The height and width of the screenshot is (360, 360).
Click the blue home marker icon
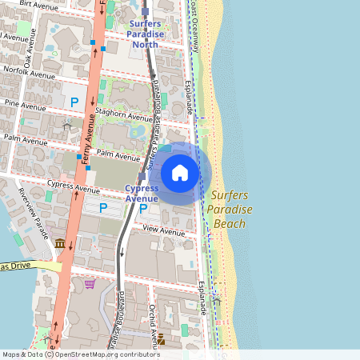click(x=180, y=173)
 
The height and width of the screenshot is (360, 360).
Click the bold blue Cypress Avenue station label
click(x=142, y=193)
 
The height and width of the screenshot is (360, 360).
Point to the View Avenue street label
click(x=163, y=230)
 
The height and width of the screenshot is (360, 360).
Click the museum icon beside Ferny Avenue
click(x=60, y=242)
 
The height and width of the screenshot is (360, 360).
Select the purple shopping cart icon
click(x=90, y=283)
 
